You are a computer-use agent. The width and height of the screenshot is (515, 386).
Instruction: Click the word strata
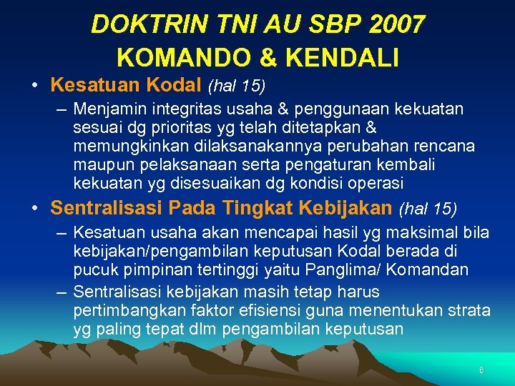(471, 311)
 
